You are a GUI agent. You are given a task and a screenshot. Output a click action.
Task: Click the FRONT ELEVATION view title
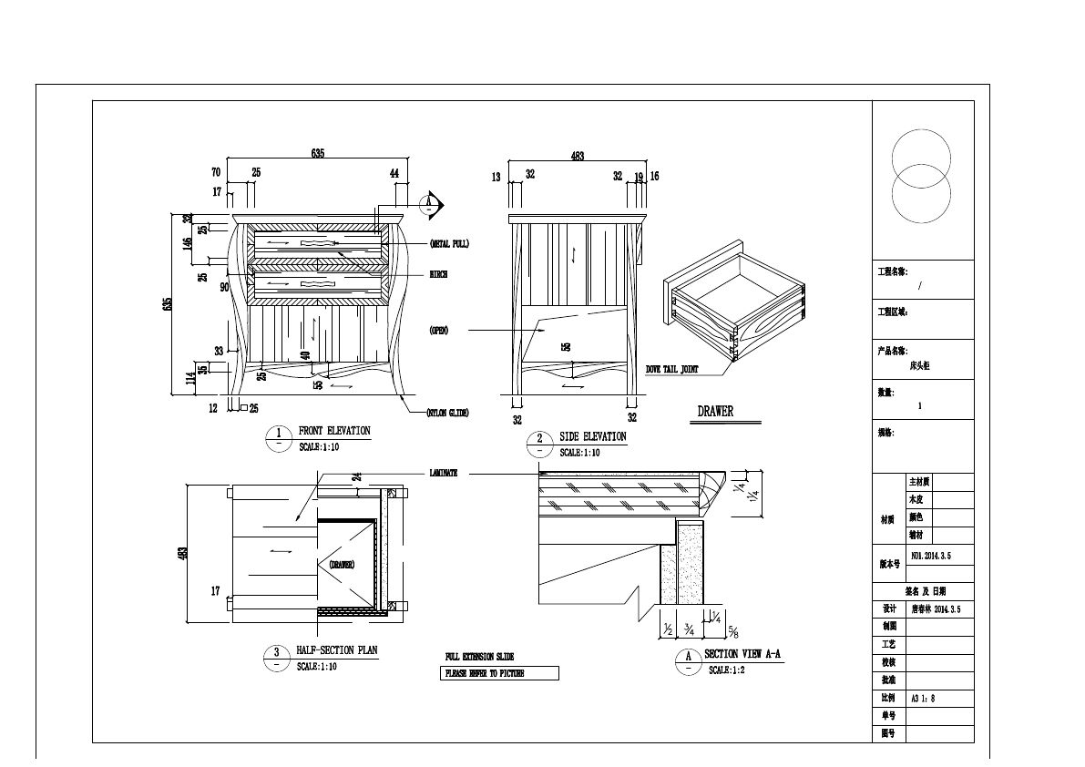tap(334, 431)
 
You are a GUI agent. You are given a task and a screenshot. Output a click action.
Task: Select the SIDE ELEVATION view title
tap(592, 437)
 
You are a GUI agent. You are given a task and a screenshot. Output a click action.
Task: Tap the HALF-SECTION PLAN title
tap(336, 651)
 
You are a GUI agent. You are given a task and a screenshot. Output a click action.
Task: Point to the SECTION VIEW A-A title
tap(742, 655)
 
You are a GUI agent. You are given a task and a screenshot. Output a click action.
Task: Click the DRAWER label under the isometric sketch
tap(715, 412)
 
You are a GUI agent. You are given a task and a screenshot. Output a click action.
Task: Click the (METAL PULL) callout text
tap(449, 244)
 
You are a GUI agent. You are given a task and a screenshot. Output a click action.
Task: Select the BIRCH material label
tap(438, 274)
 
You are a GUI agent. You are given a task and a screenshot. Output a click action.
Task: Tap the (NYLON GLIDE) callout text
tap(447, 413)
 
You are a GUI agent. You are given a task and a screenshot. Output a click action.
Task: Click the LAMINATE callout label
tap(443, 474)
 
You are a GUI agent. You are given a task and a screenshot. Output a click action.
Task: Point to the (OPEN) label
tap(438, 330)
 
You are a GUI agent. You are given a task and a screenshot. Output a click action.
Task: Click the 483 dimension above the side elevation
tap(577, 157)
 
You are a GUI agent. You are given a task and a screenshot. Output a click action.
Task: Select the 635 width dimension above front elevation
tap(318, 154)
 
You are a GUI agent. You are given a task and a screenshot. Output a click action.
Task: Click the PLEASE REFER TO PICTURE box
tap(499, 674)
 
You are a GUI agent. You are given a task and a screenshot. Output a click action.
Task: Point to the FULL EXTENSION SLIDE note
tap(479, 657)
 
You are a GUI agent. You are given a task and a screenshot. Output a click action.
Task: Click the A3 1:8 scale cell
tap(924, 699)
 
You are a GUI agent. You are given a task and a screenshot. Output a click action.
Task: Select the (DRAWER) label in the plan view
tap(342, 565)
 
